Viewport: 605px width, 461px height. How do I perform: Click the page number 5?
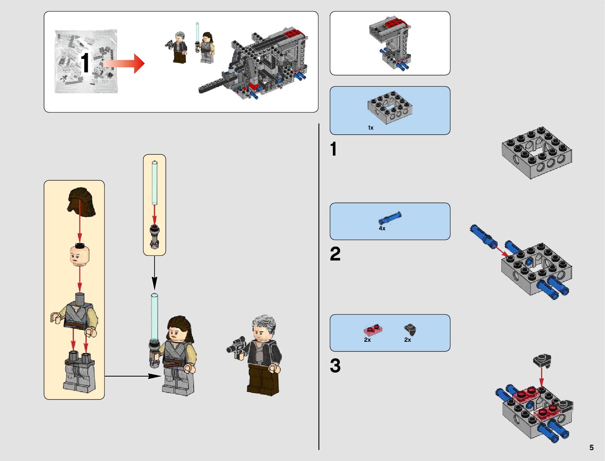(x=591, y=447)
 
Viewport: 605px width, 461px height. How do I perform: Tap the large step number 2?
(x=335, y=254)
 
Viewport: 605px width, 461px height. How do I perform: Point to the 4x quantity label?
(x=382, y=228)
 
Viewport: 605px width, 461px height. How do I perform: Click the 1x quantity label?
(x=370, y=128)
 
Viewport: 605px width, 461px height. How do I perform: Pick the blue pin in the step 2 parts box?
(x=390, y=218)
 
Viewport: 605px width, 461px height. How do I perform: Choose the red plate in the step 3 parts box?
(x=373, y=331)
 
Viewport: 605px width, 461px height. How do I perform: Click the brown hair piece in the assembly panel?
(x=81, y=201)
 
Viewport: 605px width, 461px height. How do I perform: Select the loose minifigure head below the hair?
(x=80, y=254)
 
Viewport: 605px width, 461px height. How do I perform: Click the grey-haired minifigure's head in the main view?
(x=262, y=329)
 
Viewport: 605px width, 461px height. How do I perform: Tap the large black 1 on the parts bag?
(x=85, y=63)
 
